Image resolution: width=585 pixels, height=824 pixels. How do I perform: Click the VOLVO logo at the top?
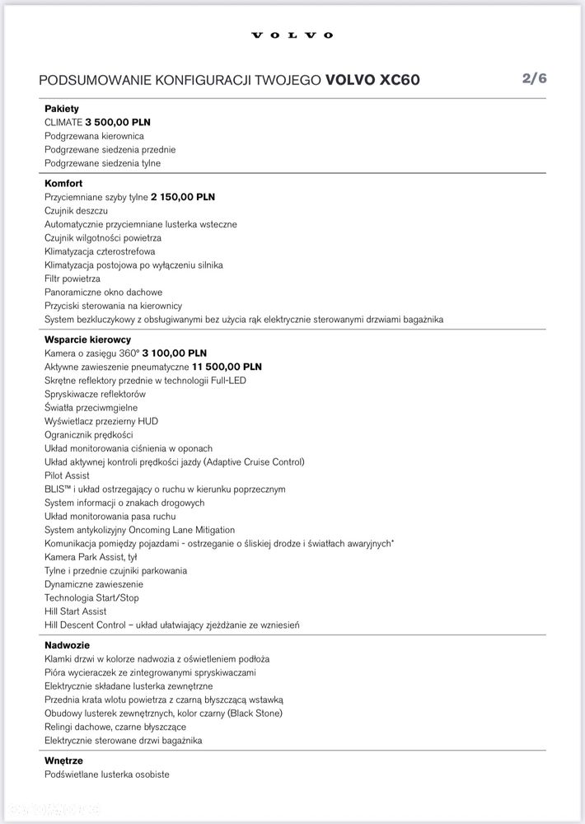pos(292,35)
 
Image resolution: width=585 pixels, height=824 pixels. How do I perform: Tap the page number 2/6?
pos(534,78)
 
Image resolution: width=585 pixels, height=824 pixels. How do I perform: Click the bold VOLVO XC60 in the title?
pos(377,80)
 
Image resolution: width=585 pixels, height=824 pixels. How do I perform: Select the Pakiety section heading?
pos(62,109)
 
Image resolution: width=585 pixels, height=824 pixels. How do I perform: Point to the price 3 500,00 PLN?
pos(118,122)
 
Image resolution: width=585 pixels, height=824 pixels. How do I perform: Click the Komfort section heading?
pos(63,184)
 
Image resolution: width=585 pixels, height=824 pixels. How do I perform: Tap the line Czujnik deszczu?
pos(76,211)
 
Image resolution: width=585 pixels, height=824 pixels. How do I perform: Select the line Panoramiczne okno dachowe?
pos(103,293)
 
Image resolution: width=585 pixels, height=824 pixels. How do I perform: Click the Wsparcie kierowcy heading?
pos(87,339)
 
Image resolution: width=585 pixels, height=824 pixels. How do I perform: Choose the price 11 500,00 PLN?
pos(227,367)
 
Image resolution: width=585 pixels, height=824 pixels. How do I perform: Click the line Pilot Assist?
pos(67,475)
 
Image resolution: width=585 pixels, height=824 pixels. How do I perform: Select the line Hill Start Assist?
pos(76,611)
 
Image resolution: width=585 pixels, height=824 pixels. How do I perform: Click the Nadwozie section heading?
pos(67,645)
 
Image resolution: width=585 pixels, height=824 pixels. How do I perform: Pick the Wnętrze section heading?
pos(63,761)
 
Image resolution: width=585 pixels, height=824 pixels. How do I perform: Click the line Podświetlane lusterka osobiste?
pos(107,775)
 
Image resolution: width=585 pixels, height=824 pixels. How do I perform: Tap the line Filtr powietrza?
pos(73,279)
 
